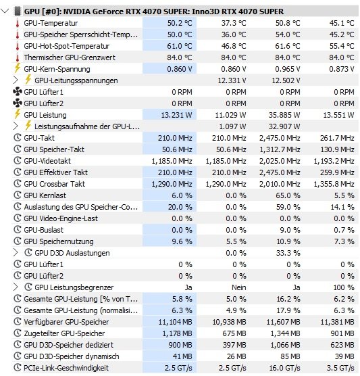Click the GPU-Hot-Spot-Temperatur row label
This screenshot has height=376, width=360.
pyautogui.click(x=67, y=46)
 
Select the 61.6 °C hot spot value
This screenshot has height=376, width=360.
pyautogui.click(x=288, y=46)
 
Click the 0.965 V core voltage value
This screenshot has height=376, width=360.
pyautogui.click(x=288, y=69)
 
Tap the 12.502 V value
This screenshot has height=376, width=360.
pyautogui.click(x=286, y=80)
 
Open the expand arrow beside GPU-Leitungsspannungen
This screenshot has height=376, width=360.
pyautogui.click(x=16, y=80)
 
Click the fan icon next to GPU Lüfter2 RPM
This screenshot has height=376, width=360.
pyautogui.click(x=18, y=103)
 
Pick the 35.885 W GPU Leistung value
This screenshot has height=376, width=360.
pyautogui.click(x=284, y=115)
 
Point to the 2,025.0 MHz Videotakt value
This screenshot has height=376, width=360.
pyautogui.click(x=280, y=161)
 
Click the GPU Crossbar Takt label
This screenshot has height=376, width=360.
pyautogui.click(x=54, y=184)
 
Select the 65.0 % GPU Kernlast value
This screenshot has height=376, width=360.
pyautogui.click(x=288, y=195)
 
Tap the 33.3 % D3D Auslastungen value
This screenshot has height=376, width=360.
pyautogui.click(x=288, y=253)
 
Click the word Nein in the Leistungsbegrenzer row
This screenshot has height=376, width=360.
pyautogui.click(x=239, y=287)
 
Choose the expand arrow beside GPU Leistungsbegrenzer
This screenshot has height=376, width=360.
pyautogui.click(x=16, y=287)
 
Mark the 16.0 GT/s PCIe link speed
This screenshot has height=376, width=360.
pyautogui.click(x=284, y=368)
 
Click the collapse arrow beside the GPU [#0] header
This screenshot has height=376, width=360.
pyautogui.click(x=5, y=11)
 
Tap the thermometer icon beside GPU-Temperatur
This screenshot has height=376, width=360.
pyautogui.click(x=18, y=23)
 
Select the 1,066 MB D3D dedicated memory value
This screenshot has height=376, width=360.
pyautogui.click(x=285, y=345)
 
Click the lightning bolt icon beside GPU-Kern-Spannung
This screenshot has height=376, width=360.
pyautogui.click(x=17, y=68)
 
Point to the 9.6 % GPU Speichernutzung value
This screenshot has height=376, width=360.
pyautogui.click(x=182, y=241)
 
